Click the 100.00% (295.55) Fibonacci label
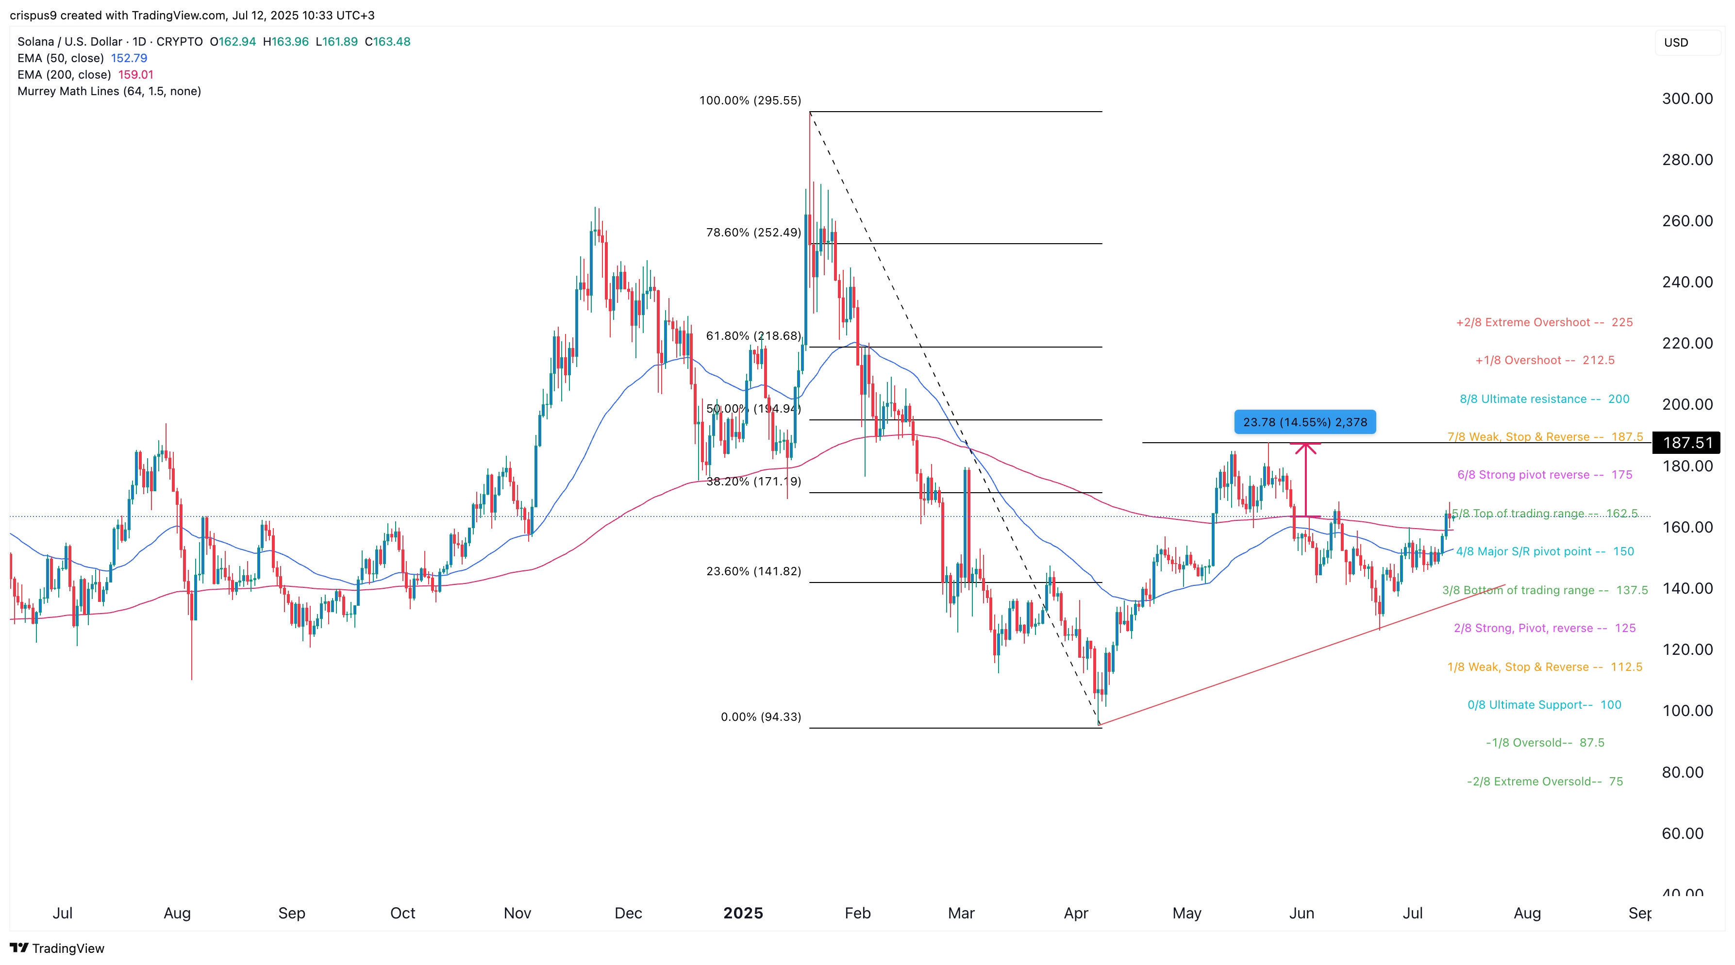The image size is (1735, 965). click(x=750, y=100)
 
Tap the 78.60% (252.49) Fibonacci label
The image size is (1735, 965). click(x=753, y=233)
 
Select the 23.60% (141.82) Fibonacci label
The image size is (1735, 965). click(x=753, y=571)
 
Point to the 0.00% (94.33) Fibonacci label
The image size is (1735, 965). click(x=760, y=716)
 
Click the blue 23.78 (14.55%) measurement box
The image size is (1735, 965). click(x=1304, y=422)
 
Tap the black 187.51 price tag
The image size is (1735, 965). click(x=1687, y=442)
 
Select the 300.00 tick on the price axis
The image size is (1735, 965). click(x=1686, y=99)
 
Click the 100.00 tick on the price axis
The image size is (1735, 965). click(x=1686, y=711)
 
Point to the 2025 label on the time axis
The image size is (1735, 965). click(x=743, y=913)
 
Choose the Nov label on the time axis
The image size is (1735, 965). click(x=517, y=913)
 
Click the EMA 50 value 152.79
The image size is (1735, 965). click(x=129, y=58)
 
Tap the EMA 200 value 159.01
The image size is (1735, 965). click(x=135, y=75)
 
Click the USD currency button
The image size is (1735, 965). click(x=1676, y=42)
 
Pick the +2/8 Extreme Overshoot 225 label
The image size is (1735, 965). click(x=1544, y=323)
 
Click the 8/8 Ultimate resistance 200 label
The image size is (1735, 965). click(x=1544, y=399)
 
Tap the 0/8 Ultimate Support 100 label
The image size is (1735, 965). click(x=1544, y=704)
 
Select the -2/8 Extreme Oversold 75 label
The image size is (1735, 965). click(x=1544, y=781)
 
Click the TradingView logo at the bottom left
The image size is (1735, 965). click(x=57, y=948)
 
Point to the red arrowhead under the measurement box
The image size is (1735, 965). click(x=1305, y=447)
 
